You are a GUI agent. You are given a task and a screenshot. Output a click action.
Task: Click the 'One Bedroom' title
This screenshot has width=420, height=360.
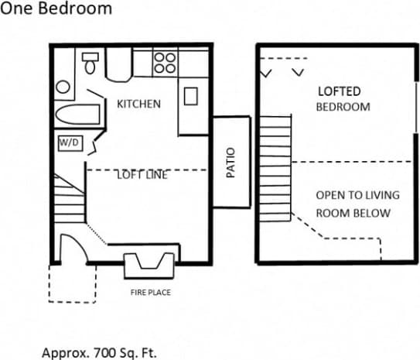[56, 9]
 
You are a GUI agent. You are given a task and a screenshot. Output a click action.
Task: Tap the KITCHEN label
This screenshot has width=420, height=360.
[138, 104]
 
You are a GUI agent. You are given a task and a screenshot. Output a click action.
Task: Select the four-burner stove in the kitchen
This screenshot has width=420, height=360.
[164, 62]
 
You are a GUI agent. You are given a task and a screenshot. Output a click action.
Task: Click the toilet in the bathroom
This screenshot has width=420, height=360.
[90, 63]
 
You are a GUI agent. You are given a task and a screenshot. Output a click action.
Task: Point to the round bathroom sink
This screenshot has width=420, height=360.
[63, 87]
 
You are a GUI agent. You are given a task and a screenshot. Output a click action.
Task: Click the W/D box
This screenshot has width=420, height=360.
[67, 143]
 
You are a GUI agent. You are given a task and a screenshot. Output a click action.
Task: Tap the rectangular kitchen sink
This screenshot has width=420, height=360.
[191, 97]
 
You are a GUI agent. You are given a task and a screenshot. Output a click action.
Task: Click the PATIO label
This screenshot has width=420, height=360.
[230, 163]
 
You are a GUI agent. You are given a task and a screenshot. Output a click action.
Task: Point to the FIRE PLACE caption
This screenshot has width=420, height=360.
[150, 293]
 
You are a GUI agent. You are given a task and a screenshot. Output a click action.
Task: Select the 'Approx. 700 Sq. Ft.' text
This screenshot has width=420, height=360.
[98, 351]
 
